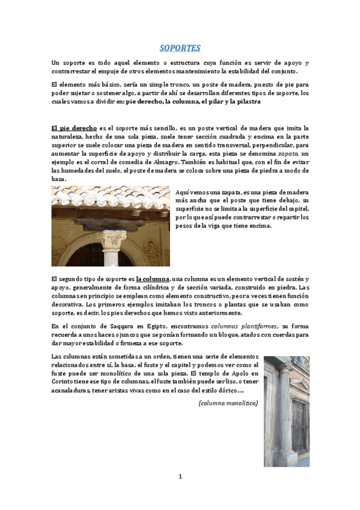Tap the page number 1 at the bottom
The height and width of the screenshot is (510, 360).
(x=180, y=477)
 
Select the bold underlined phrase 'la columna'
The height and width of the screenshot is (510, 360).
(x=153, y=279)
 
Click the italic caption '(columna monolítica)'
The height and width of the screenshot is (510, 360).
(x=228, y=403)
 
